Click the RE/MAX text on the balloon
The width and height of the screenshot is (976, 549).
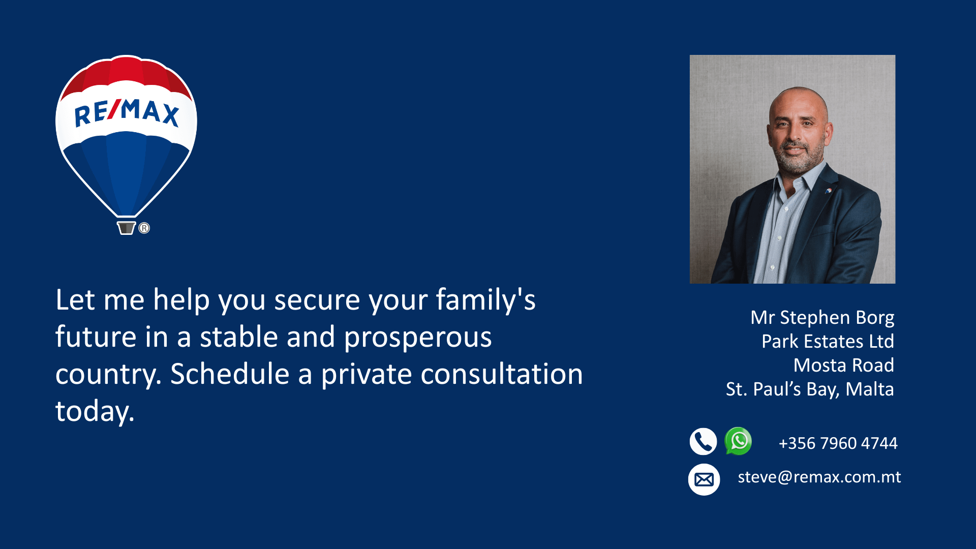pyautogui.click(x=127, y=112)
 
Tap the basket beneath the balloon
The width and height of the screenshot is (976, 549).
pyautogui.click(x=126, y=228)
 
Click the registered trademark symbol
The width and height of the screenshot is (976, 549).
pyautogui.click(x=144, y=228)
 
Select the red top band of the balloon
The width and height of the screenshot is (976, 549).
pyautogui.click(x=126, y=76)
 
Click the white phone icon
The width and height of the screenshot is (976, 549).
pyautogui.click(x=703, y=441)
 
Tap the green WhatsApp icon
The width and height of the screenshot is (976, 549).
pyautogui.click(x=738, y=441)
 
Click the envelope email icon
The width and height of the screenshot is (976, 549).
pyautogui.click(x=704, y=479)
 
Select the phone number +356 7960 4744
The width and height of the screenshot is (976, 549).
pyautogui.click(x=838, y=443)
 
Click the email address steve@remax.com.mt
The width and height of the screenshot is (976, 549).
pyautogui.click(x=819, y=477)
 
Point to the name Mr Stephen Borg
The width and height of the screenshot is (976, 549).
pyautogui.click(x=822, y=318)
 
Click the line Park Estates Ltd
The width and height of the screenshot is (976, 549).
pyautogui.click(x=828, y=341)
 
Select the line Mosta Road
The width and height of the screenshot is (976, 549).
pyautogui.click(x=844, y=365)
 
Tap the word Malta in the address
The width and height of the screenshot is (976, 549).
pyautogui.click(x=870, y=389)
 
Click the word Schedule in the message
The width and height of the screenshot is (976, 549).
pyautogui.click(x=230, y=374)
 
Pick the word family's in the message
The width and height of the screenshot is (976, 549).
pyautogui.click(x=485, y=300)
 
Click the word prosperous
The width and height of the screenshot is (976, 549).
pyautogui.click(x=418, y=338)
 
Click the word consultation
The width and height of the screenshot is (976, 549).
pyautogui.click(x=502, y=374)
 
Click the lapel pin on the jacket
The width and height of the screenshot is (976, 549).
pyautogui.click(x=828, y=191)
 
